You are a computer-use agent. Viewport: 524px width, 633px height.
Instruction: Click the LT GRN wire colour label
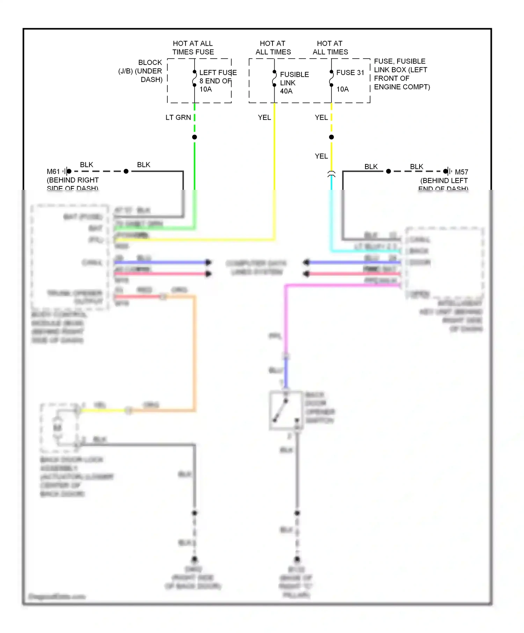pos(178,118)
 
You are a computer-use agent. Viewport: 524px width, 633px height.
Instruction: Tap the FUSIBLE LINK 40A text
pos(294,83)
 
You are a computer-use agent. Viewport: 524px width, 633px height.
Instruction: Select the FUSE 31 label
pos(350,73)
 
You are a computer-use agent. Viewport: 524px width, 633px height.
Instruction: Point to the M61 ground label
pos(53,172)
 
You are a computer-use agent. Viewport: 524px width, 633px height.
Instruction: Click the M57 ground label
pos(461,172)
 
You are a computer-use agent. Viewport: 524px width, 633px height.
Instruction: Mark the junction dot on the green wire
pos(195,137)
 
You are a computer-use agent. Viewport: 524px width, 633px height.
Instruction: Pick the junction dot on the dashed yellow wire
pos(332,137)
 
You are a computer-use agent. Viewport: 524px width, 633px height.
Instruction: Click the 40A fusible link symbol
pos(275,79)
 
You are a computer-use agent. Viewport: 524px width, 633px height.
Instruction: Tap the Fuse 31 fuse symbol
pos(332,79)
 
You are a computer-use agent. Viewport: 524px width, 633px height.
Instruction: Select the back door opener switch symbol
pos(286,410)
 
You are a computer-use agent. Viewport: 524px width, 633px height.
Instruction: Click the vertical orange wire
pos(194,352)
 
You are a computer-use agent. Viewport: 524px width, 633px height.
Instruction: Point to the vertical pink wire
pos(286,318)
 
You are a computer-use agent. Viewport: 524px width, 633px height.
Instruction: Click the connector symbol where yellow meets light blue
pos(332,174)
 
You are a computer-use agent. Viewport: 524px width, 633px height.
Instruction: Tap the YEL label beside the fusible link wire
pos(264,118)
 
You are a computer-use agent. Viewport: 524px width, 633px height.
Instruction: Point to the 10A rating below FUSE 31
pos(342,89)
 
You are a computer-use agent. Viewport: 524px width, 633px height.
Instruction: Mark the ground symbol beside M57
pos(447,171)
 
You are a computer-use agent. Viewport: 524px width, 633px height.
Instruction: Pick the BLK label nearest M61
pos(87,165)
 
